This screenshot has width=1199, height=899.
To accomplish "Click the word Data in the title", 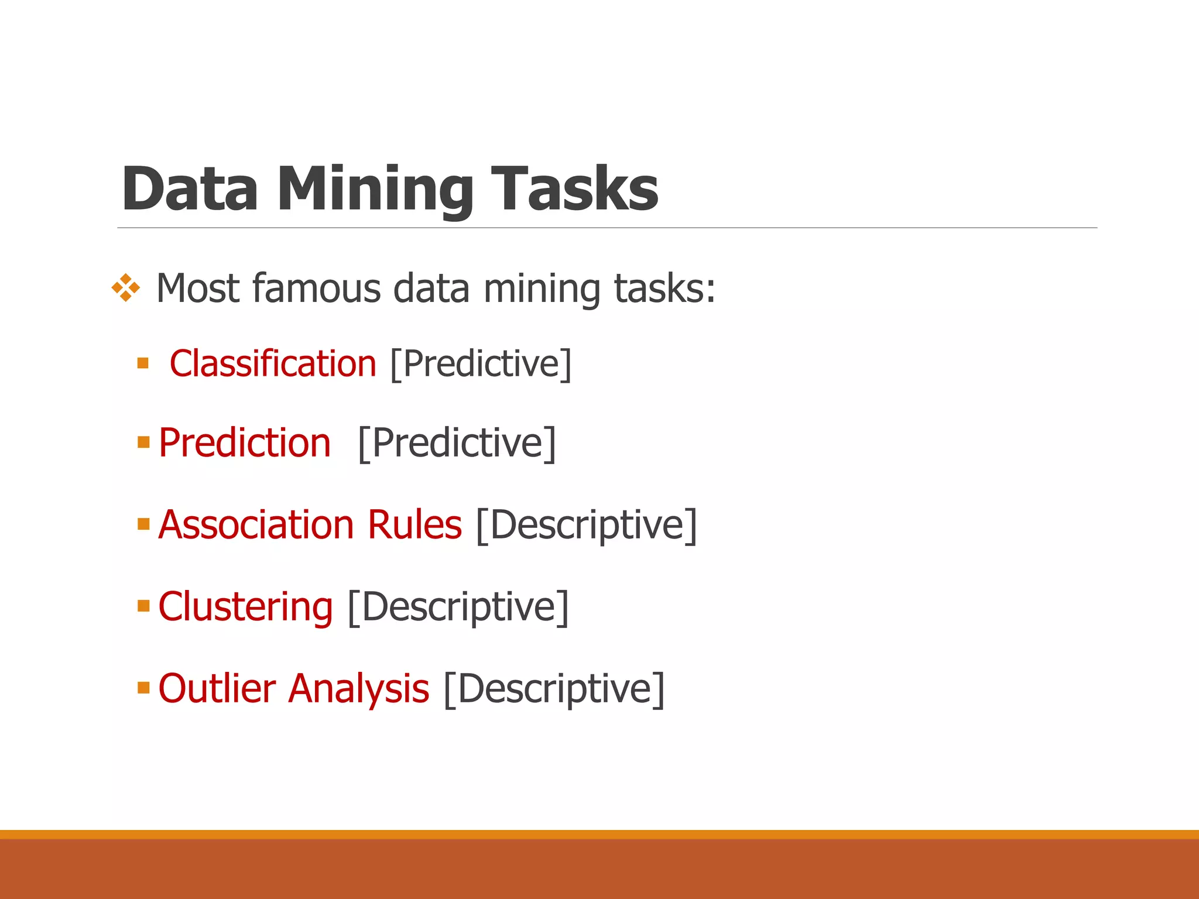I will [190, 188].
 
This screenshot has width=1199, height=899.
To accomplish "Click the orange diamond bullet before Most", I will [126, 288].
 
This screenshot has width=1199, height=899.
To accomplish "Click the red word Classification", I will [273, 363].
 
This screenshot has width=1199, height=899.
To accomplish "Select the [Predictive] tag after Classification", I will [481, 365].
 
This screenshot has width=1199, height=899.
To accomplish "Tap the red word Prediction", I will [245, 442].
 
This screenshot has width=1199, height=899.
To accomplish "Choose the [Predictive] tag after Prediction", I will [457, 444].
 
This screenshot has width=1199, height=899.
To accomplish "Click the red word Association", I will [256, 524].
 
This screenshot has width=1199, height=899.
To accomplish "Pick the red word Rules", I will [414, 524].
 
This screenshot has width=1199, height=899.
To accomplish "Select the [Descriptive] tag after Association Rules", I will [587, 526].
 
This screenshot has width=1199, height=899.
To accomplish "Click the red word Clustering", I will [245, 606].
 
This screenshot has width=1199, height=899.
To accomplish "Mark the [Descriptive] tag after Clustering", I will [458, 608].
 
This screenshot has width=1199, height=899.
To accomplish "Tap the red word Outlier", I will [217, 688].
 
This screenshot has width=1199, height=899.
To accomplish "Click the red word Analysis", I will [359, 689].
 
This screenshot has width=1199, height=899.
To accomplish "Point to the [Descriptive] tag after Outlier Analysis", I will [554, 689].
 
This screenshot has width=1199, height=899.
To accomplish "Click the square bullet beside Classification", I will [143, 363].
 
